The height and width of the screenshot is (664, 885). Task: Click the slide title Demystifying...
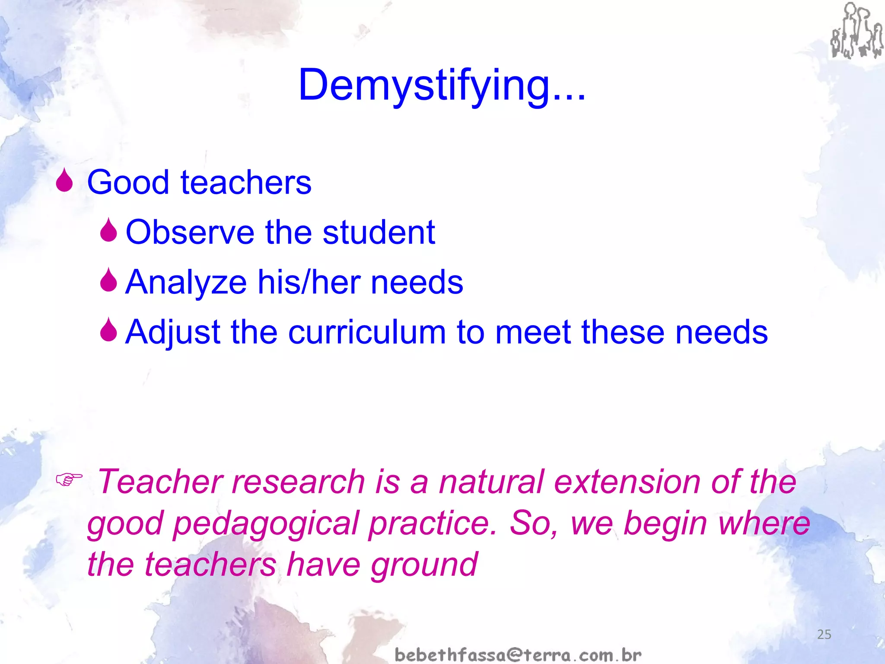pos(442,85)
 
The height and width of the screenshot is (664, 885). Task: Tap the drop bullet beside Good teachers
pos(64,180)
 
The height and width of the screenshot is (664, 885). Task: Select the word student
pos(379,232)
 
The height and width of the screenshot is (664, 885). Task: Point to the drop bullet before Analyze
pos(108,280)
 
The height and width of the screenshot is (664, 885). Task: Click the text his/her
pos(309,282)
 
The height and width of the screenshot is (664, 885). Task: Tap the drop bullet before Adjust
pos(108,330)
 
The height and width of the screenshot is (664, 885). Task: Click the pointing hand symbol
pos(69,479)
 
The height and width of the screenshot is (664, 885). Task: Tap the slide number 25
pos(824,635)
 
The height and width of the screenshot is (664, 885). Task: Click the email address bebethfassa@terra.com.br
pos(518,654)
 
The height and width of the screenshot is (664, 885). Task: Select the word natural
pos(491,482)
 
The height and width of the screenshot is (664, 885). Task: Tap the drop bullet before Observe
pos(108,230)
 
